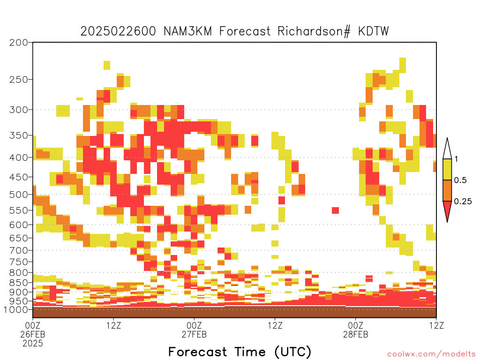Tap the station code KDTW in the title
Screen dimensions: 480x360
point(374,31)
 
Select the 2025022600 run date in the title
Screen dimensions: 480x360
point(118,31)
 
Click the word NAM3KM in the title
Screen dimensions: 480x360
point(187,31)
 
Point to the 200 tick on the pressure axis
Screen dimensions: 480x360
point(18,43)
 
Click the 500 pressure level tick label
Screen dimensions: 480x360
point(18,195)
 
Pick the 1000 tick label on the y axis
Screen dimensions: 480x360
point(15,310)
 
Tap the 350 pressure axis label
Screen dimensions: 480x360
point(18,135)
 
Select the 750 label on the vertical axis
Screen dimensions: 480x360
point(18,262)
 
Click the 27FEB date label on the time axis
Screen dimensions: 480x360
point(194,334)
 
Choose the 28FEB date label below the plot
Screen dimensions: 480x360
point(355,334)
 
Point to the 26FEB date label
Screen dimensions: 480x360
point(33,334)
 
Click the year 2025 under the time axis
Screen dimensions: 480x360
point(33,344)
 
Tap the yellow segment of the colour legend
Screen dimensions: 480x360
point(447,169)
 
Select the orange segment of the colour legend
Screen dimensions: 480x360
point(447,190)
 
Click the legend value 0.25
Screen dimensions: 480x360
point(463,202)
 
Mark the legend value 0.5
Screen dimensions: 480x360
point(460,180)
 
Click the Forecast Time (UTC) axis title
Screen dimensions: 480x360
point(240,352)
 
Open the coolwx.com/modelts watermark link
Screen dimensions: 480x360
point(432,354)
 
